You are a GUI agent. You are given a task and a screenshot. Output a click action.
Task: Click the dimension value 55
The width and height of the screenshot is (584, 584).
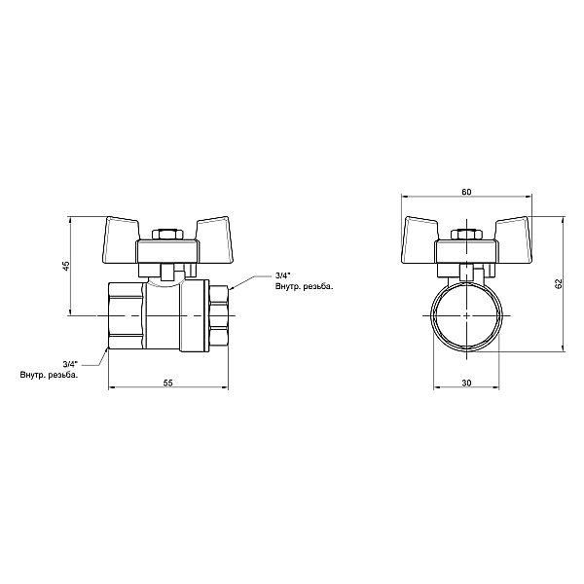(168, 383)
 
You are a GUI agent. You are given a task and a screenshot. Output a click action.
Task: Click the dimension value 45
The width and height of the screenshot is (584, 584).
(66, 266)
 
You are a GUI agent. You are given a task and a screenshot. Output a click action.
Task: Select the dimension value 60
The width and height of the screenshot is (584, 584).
(466, 192)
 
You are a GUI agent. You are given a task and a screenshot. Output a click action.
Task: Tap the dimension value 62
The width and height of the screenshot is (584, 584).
(558, 284)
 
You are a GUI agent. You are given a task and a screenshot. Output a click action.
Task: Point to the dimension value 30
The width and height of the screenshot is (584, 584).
(466, 383)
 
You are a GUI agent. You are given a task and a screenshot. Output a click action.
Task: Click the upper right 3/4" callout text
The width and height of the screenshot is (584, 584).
(282, 275)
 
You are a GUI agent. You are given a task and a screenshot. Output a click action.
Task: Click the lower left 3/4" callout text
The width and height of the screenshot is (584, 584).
(70, 363)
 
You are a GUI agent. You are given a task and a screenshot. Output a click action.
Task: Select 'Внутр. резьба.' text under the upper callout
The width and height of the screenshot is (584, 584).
(305, 287)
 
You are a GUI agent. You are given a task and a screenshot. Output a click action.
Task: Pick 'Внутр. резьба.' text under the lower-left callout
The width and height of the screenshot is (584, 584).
(50, 375)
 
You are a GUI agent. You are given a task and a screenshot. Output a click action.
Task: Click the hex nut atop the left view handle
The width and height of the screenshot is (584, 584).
(167, 235)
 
